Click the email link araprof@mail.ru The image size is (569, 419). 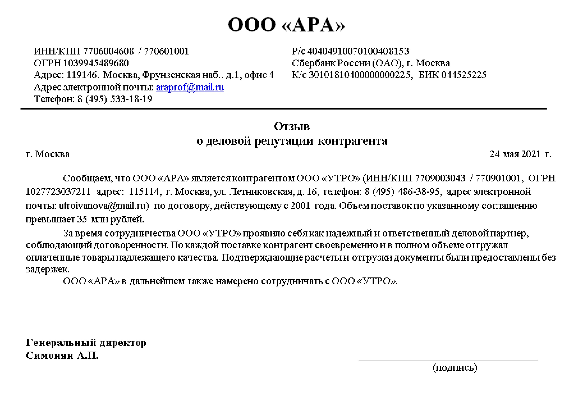point(190,87)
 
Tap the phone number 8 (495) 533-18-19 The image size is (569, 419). point(115,99)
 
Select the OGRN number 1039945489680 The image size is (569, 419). point(96,63)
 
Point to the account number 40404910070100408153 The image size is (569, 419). point(358,51)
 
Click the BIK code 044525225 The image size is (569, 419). point(464,75)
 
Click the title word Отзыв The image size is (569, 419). point(292,126)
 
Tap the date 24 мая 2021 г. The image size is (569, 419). point(520,154)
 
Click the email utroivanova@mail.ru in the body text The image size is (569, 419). point(103,206)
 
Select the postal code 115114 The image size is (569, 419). point(144,192)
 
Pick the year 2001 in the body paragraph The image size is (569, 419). point(300,206)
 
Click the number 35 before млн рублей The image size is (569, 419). point(82,219)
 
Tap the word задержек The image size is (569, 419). point(47,269)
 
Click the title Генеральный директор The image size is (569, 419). point(86,343)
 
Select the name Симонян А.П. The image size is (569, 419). point(62,356)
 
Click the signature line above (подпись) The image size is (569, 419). point(448,360)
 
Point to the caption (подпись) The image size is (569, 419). point(455,368)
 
